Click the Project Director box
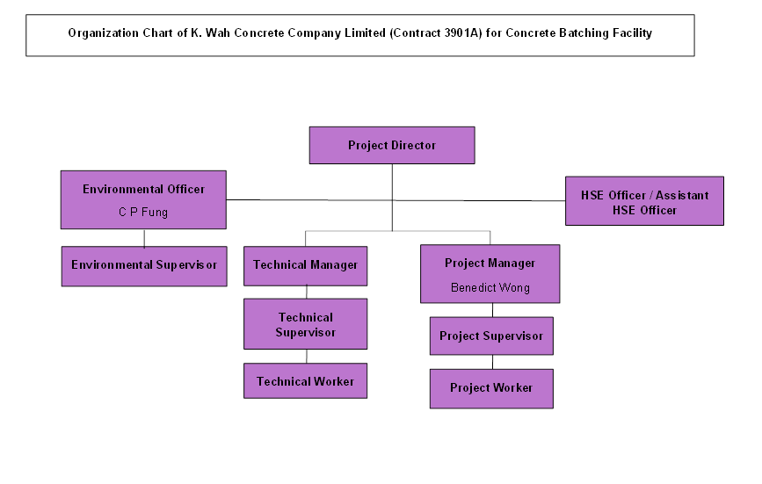coord(392,146)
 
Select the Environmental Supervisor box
coord(144,265)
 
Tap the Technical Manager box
coord(305,265)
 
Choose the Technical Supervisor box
coord(305,325)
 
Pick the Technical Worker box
coord(305,382)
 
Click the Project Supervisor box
coord(491,336)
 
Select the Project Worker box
coord(491,388)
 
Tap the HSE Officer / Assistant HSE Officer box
coord(644,202)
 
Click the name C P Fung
coord(143,212)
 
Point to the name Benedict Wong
coord(490,287)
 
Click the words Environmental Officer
coord(143,189)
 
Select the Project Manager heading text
coord(490,264)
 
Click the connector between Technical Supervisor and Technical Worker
coord(306,356)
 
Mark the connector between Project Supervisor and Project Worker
coord(492,362)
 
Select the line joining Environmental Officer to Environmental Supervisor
coord(144,238)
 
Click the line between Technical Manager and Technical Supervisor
coord(306,292)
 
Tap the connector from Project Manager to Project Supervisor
coord(492,310)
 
